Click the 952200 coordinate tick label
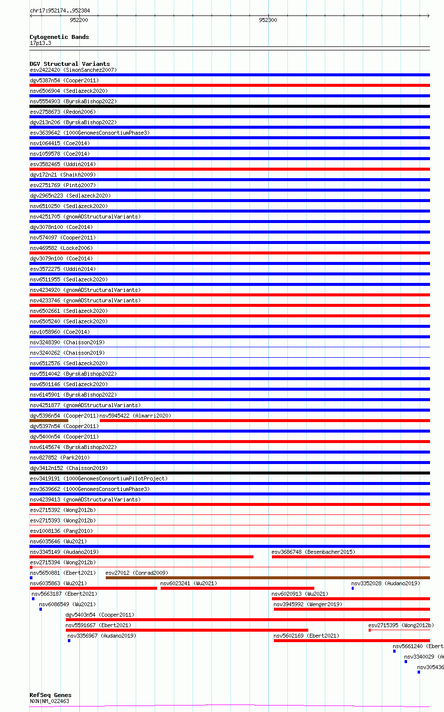79,20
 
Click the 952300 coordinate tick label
268,20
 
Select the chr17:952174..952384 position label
60,10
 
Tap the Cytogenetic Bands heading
59,37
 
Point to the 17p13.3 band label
40,43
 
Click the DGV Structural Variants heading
69,64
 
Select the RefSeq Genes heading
50,695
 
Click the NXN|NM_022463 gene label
49,701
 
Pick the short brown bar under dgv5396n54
49,421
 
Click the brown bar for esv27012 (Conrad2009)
267,578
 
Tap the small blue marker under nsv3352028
353,588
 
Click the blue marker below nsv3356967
69,641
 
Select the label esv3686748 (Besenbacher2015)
313,552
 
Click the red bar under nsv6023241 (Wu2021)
237,588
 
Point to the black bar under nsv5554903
229,106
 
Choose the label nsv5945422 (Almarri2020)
135,416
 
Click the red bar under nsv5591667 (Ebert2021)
187,630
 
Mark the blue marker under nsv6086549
40,609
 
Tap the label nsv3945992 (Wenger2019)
307,604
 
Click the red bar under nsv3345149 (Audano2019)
141,557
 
